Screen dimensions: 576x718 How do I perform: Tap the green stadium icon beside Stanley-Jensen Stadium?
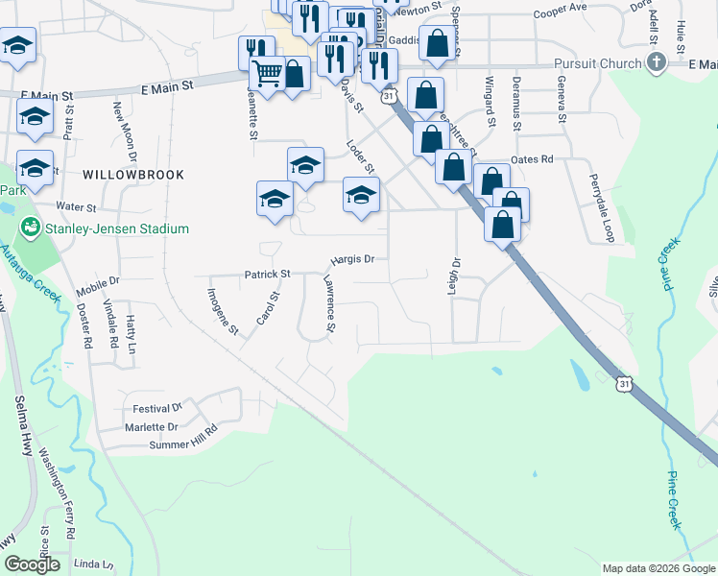pyautogui.click(x=30, y=228)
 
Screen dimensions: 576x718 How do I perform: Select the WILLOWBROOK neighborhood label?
pyautogui.click(x=132, y=174)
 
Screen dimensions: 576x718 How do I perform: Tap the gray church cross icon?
pyautogui.click(x=657, y=63)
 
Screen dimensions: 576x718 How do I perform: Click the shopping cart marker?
pyautogui.click(x=267, y=73)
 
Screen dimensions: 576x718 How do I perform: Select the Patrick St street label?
pyautogui.click(x=267, y=274)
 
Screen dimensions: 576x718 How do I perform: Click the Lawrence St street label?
pyautogui.click(x=328, y=304)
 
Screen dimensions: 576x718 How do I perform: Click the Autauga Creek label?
pyautogui.click(x=30, y=289)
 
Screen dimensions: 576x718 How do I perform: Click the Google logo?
pyautogui.click(x=33, y=564)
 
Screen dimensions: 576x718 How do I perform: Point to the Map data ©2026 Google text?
pyautogui.click(x=658, y=568)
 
